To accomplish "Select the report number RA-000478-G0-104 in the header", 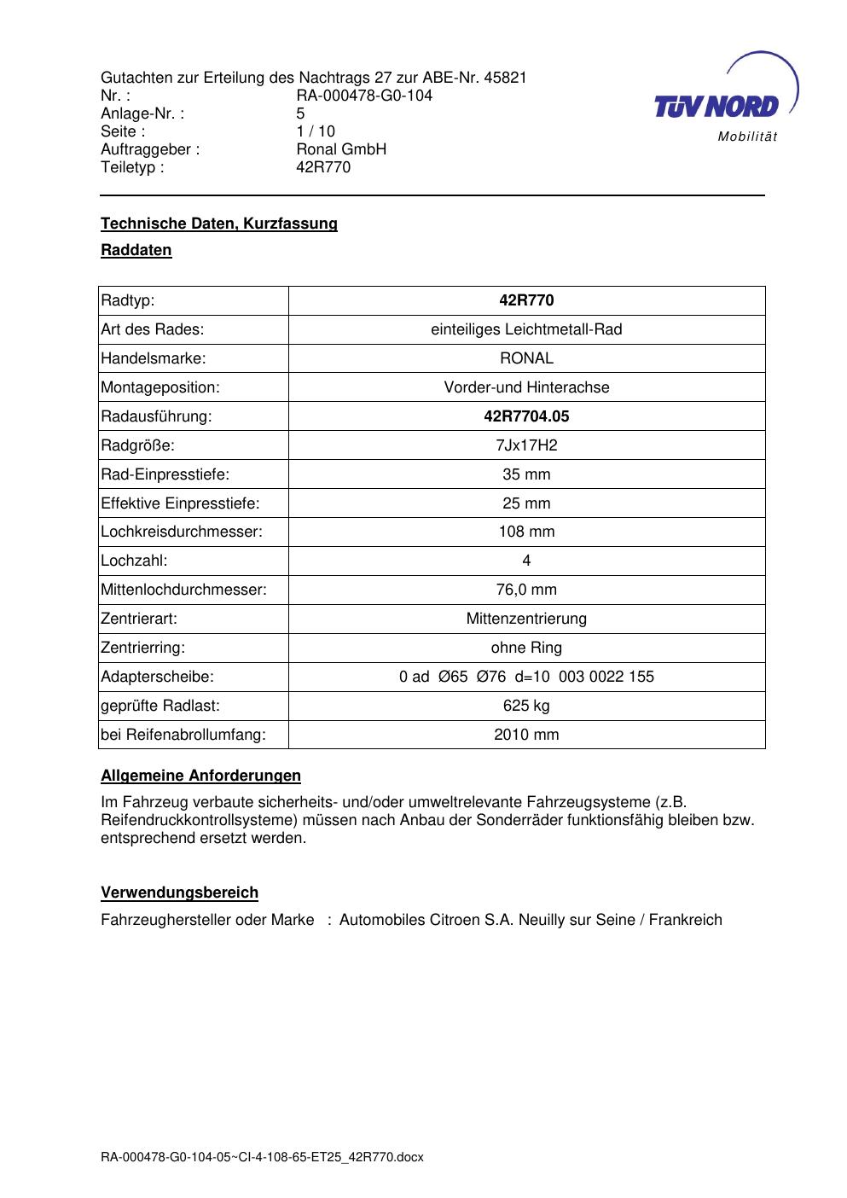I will coord(364,96).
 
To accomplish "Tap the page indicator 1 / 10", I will coord(316,131).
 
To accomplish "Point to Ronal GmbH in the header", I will coord(341,149).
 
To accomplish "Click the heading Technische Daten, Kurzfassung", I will coord(219,224).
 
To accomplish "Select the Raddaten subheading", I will coord(136,250).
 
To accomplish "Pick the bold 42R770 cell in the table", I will coord(526,300).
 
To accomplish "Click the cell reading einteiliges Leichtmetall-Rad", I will coord(526,329).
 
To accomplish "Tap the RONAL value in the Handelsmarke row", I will coord(526,358).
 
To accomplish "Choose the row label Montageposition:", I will coord(160,387).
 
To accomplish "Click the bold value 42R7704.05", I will coord(526,416).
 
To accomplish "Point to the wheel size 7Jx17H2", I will coord(526,445).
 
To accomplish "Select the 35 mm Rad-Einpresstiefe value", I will coord(526,474).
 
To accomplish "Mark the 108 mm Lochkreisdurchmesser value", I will coord(526,532).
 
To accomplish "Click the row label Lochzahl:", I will coord(134,561).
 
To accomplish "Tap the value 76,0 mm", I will coord(526,590).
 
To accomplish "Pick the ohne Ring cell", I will coord(526,648).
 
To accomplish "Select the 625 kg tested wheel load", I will coord(526,706).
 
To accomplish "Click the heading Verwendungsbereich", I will coord(179,893).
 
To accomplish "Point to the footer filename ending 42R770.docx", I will coord(262,1158).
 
